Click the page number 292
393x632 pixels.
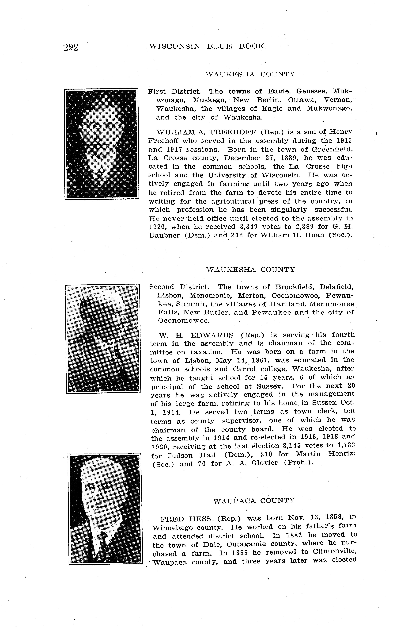[70, 47]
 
